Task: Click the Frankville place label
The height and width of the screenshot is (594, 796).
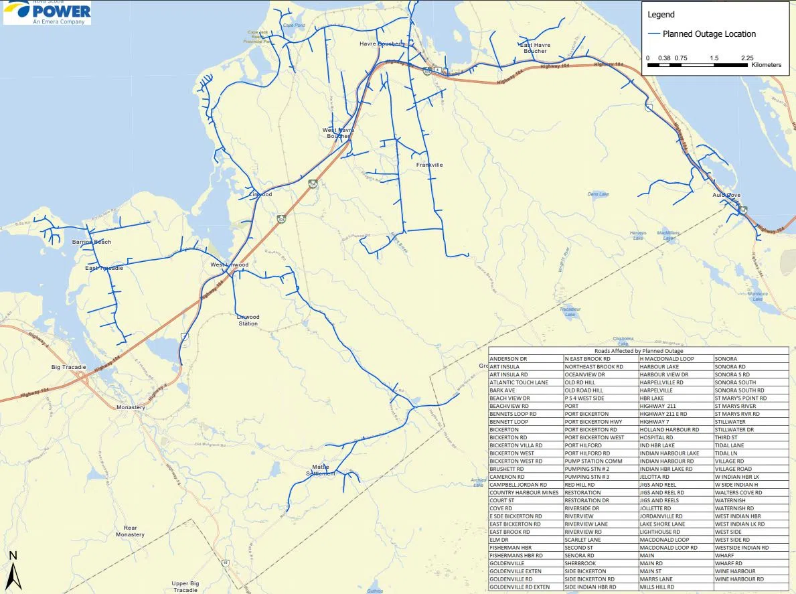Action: click(429, 165)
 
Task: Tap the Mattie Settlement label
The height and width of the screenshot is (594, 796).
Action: click(323, 470)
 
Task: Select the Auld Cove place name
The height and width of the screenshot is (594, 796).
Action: click(726, 195)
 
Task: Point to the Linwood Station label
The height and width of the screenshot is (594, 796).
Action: click(248, 320)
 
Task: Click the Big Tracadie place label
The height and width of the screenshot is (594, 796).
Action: click(69, 367)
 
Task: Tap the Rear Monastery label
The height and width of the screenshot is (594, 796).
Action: click(130, 531)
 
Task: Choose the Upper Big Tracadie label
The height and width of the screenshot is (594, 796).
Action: click(185, 587)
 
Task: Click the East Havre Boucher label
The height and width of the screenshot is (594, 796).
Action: click(535, 48)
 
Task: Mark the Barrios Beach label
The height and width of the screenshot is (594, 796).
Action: click(92, 242)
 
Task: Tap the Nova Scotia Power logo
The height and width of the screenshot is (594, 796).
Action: click(47, 12)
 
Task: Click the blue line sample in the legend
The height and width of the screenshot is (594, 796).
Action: click(653, 34)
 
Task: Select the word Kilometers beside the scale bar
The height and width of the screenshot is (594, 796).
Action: click(766, 65)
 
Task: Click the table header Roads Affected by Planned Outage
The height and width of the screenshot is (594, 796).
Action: click(639, 351)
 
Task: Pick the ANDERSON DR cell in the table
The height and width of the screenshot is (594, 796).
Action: click(509, 359)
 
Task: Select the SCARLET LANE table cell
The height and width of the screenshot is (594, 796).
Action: click(582, 539)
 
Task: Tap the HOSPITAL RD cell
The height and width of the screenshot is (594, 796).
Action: click(656, 437)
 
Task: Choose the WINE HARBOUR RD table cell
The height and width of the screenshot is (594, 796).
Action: click(738, 579)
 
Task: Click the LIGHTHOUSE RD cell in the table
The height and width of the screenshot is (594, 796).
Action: click(659, 531)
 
